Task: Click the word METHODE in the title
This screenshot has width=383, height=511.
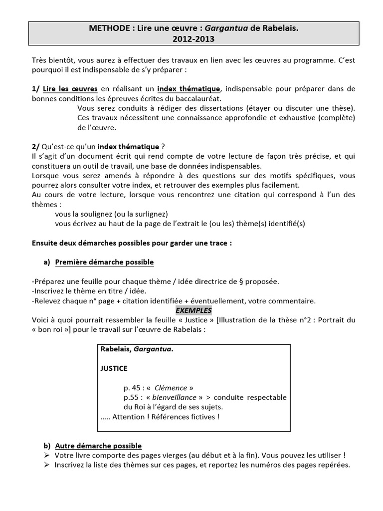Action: point(106,29)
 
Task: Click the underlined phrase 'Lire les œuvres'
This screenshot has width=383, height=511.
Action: point(70,89)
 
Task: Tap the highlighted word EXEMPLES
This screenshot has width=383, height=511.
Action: point(193,310)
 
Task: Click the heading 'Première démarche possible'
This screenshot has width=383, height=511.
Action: point(104,262)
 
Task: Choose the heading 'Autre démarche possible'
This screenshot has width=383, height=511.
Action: point(98,446)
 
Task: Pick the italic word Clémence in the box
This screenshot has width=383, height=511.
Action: point(171,388)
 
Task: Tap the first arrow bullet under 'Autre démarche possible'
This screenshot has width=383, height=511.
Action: point(46,455)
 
